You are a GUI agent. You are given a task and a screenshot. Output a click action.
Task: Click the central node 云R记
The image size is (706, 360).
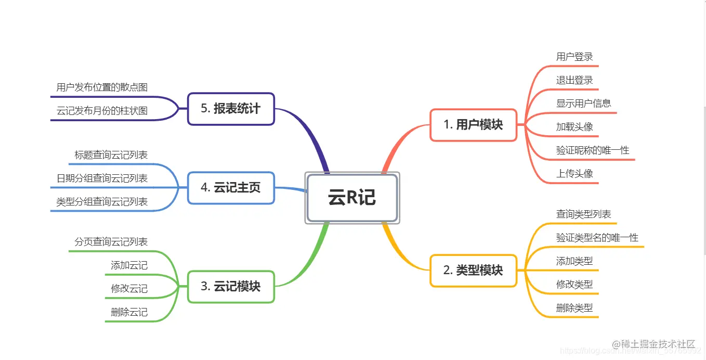pyautogui.click(x=352, y=198)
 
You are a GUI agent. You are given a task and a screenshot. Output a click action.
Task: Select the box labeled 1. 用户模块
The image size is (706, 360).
pyautogui.click(x=473, y=125)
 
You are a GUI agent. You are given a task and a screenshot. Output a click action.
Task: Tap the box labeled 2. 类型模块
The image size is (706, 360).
pyautogui.click(x=473, y=271)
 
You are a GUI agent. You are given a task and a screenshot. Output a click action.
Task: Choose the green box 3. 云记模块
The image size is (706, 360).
pyautogui.click(x=231, y=287)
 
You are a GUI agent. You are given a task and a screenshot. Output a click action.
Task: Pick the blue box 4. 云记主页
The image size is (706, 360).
pyautogui.click(x=231, y=188)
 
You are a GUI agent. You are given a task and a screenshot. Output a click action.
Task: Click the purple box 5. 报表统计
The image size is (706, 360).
pyautogui.click(x=231, y=109)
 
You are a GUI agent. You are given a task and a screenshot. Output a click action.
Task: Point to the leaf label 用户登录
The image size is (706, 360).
pyautogui.click(x=574, y=57)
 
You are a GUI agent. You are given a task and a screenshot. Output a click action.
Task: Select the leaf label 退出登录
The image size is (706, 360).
pyautogui.click(x=574, y=80)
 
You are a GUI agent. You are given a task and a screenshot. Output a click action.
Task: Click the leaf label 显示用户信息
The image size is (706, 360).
pyautogui.click(x=583, y=103)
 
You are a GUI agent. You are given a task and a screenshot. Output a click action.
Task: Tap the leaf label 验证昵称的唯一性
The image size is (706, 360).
pyautogui.click(x=593, y=150)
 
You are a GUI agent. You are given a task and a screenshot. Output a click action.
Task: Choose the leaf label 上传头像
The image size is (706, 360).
pyautogui.click(x=574, y=174)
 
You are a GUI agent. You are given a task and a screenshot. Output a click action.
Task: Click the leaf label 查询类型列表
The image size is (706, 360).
pyautogui.click(x=583, y=214)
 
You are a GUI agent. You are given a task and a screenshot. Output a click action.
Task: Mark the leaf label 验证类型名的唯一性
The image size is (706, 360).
pyautogui.click(x=597, y=238)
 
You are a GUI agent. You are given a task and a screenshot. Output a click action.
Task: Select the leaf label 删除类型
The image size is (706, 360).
pyautogui.click(x=574, y=307)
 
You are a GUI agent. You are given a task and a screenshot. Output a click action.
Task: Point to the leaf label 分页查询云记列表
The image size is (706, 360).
pyautogui.click(x=111, y=242)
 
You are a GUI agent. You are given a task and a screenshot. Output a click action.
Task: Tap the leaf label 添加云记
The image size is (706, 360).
pyautogui.click(x=129, y=265)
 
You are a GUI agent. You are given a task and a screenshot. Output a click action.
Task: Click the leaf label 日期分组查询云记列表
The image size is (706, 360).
pyautogui.click(x=102, y=178)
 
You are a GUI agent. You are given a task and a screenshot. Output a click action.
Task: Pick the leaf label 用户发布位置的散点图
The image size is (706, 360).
pyautogui.click(x=102, y=87)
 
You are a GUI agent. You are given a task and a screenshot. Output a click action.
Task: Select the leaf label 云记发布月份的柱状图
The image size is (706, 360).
pyautogui.click(x=102, y=111)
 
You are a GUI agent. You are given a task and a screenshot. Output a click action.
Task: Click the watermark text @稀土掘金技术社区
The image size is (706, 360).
pyautogui.click(x=653, y=344)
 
